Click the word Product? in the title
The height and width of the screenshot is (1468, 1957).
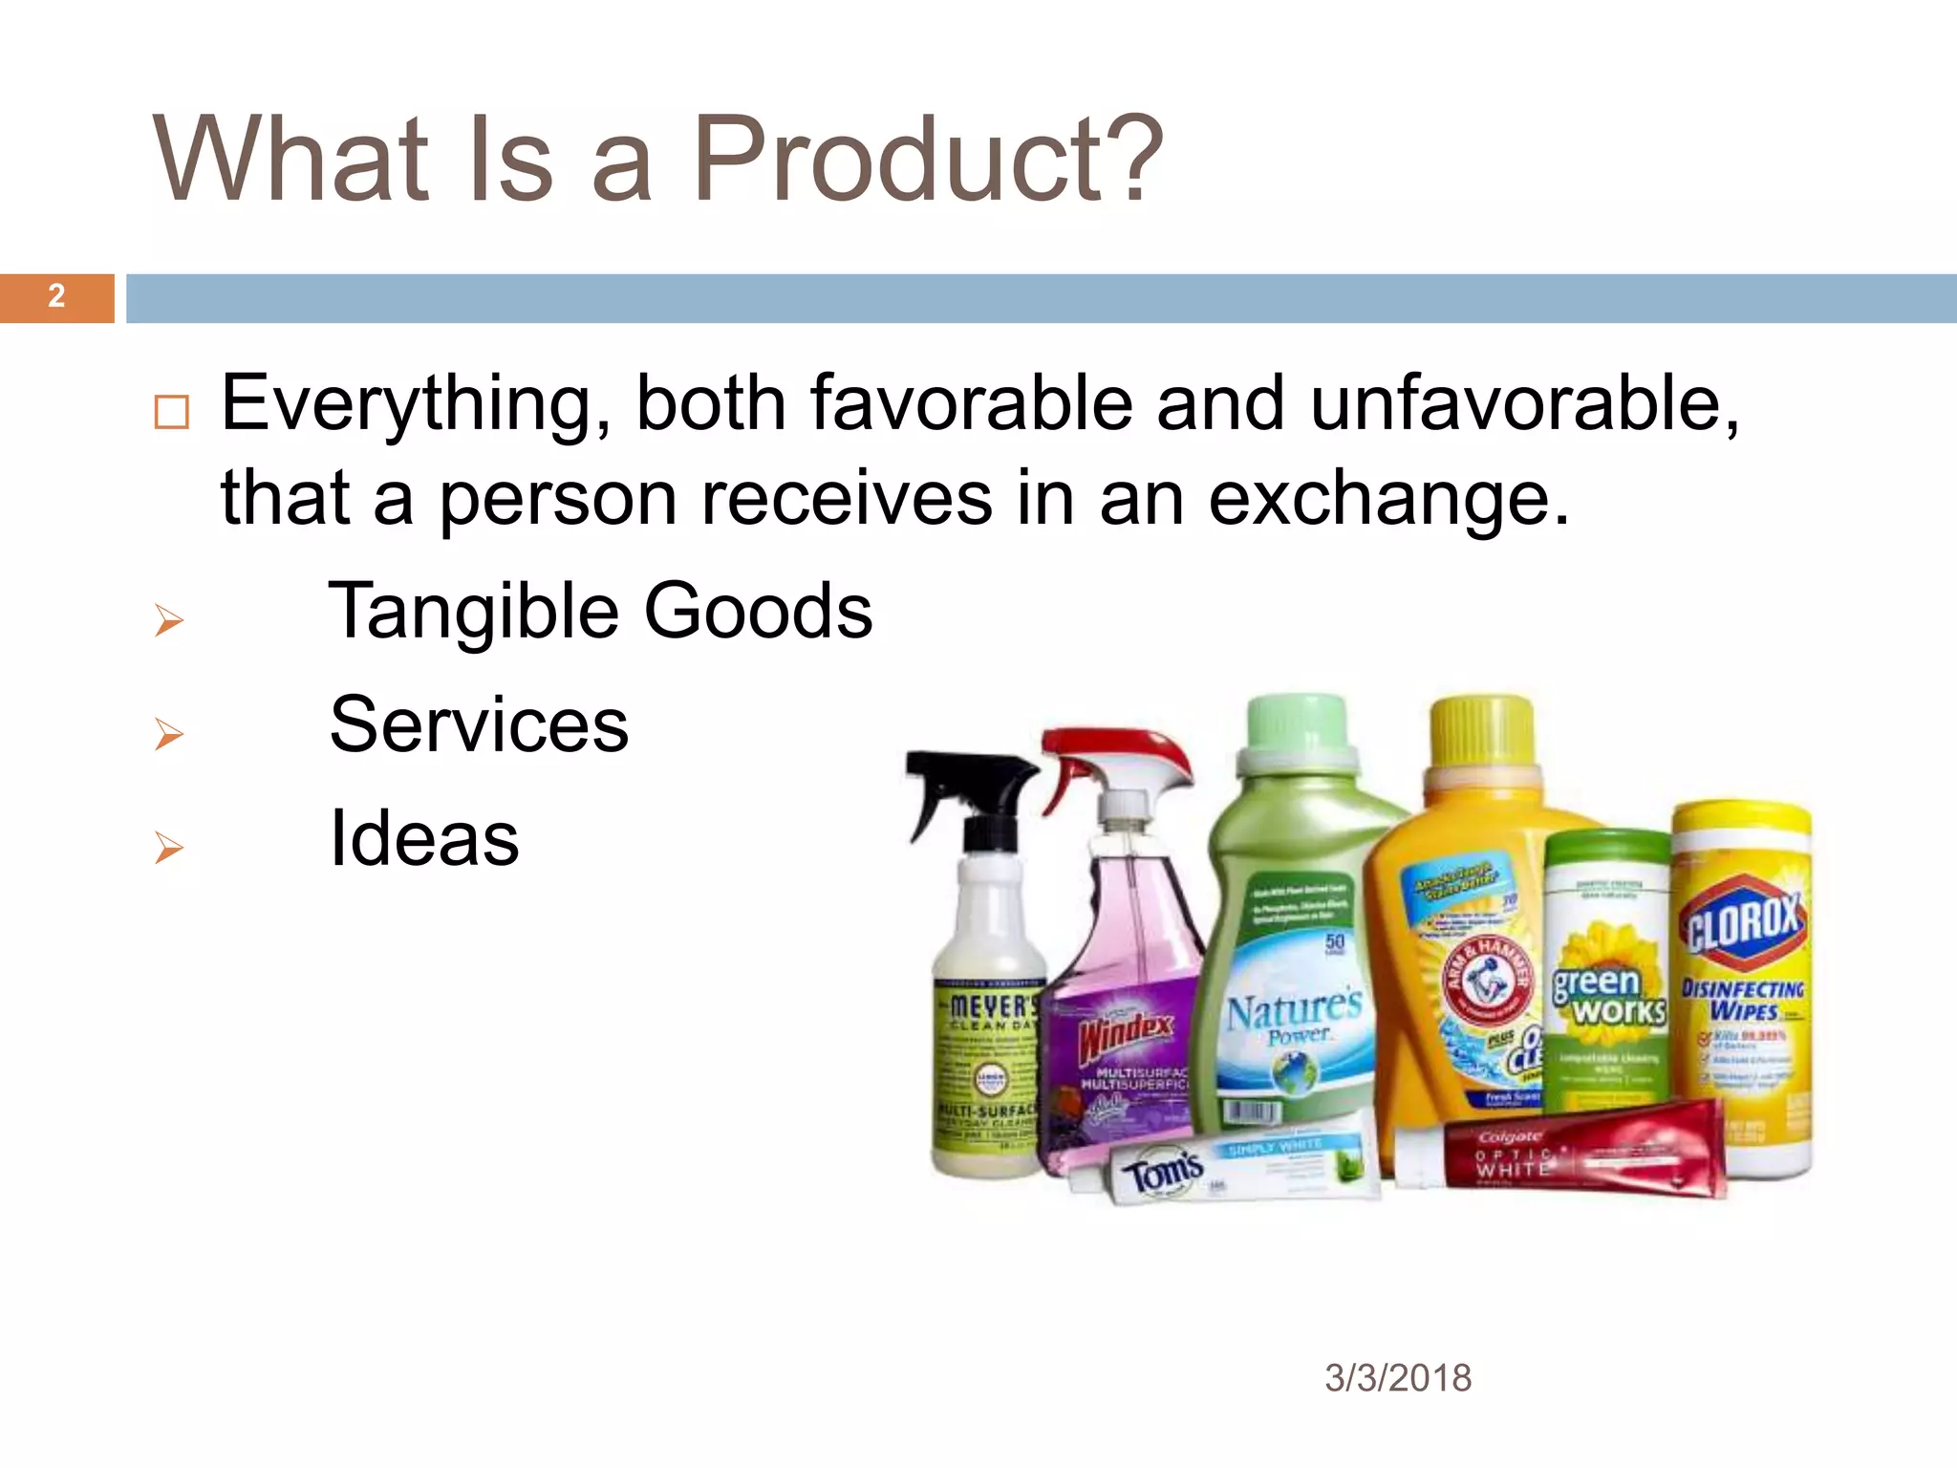coord(927,161)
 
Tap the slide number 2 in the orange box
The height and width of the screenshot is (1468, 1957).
coord(56,296)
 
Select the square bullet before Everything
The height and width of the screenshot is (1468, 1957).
coord(172,412)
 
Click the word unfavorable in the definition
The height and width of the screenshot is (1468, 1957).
coord(1523,403)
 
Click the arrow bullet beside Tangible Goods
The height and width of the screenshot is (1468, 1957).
coord(169,621)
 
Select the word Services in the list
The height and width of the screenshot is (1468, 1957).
coord(479,724)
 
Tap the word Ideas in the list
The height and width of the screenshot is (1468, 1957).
coord(423,838)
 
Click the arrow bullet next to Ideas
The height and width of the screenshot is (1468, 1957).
coord(169,848)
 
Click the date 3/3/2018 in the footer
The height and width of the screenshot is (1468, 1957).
coord(1397,1378)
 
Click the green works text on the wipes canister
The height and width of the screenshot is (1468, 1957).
coord(1608,995)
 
